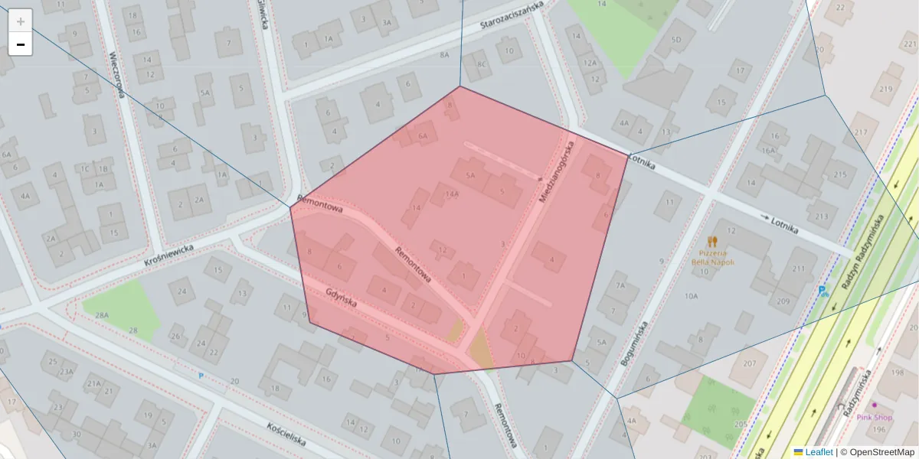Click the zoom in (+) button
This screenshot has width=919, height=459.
(21, 21)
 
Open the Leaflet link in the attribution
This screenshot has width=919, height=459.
(819, 452)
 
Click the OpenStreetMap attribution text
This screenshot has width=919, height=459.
(881, 452)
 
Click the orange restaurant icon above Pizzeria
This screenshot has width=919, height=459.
(713, 241)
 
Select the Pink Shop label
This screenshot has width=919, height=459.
(874, 417)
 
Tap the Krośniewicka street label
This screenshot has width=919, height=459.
(170, 252)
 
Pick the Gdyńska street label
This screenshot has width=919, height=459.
(342, 297)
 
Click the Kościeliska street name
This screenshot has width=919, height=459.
(286, 435)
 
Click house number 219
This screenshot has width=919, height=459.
(886, 89)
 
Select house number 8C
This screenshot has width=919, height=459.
(482, 64)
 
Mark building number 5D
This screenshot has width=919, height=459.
(675, 40)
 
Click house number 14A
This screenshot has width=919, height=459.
(453, 194)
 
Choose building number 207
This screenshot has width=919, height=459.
(750, 363)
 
